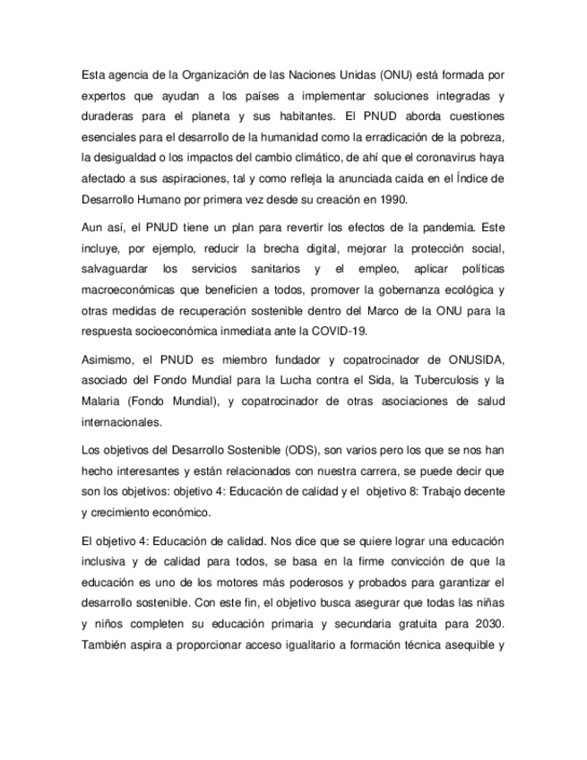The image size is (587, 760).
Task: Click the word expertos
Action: [106, 96]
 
